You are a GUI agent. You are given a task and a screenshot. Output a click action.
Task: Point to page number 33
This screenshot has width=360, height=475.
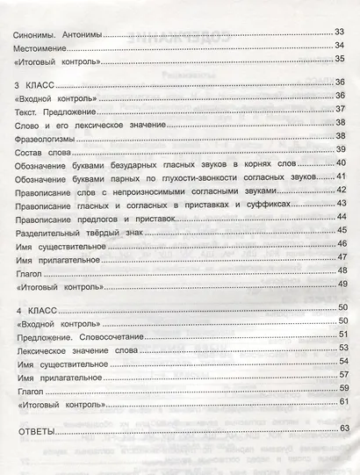tap(341, 32)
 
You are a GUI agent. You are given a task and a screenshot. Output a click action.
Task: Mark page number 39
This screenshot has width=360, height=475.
tap(341, 151)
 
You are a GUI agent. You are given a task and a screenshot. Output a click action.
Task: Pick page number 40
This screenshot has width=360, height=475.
tap(341, 165)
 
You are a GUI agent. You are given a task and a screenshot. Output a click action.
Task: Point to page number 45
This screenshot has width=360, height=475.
tap(341, 229)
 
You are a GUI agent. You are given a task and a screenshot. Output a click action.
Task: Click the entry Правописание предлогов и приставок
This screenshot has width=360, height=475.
tap(96, 220)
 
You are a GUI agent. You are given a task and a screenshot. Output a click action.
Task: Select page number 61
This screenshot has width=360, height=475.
tap(341, 401)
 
